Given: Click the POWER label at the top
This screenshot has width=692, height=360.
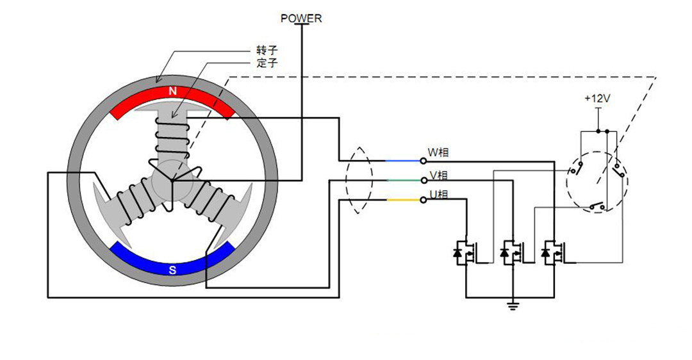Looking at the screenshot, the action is [301, 19].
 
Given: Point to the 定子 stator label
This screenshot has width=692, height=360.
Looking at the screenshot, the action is [267, 63].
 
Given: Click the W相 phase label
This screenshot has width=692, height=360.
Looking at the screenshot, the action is [438, 152].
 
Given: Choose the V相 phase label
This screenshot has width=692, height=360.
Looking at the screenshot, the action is [438, 175].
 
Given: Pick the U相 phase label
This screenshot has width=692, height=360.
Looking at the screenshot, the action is [438, 194].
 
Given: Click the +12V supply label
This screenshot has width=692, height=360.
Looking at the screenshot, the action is [597, 99].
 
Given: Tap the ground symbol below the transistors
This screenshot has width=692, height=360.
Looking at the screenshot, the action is [513, 306].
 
